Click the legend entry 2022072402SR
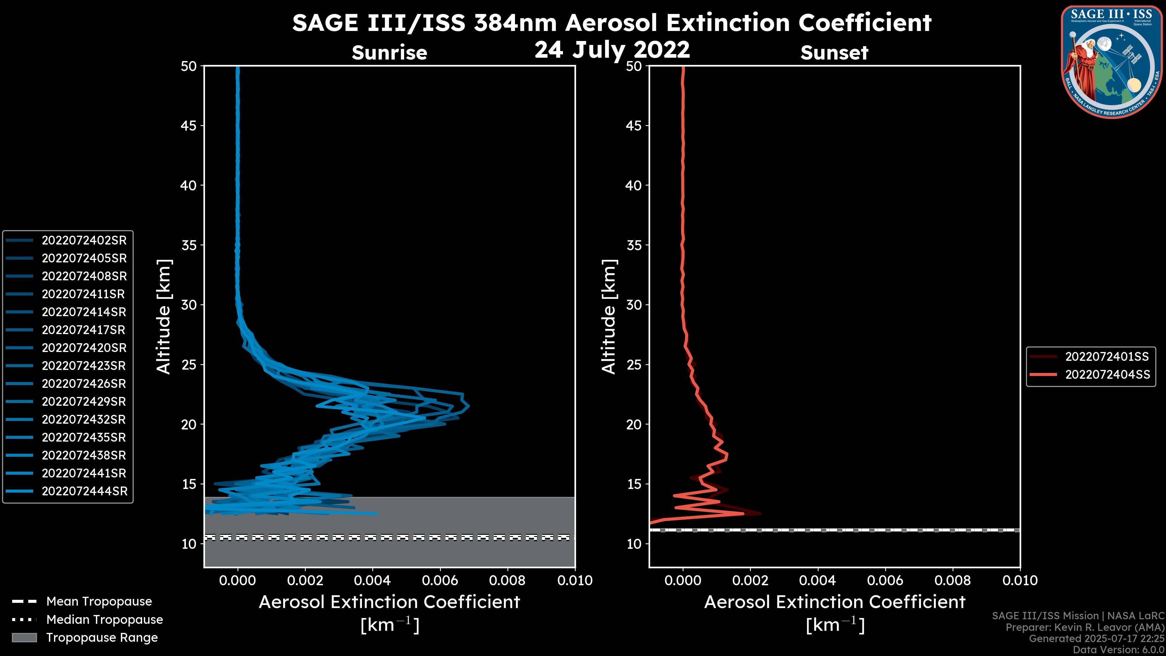tap(84, 241)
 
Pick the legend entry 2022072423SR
tap(84, 366)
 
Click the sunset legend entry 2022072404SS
tap(1107, 375)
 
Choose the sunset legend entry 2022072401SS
tap(1107, 357)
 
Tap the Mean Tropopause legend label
tap(99, 602)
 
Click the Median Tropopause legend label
tap(104, 620)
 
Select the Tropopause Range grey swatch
tap(24, 638)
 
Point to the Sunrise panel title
tap(389, 53)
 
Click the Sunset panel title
tap(834, 53)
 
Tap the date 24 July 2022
tap(612, 50)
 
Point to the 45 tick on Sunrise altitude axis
tap(189, 126)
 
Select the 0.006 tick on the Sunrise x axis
tap(439, 580)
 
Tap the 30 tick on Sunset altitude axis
tap(634, 305)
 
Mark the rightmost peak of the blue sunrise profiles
tap(469, 406)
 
